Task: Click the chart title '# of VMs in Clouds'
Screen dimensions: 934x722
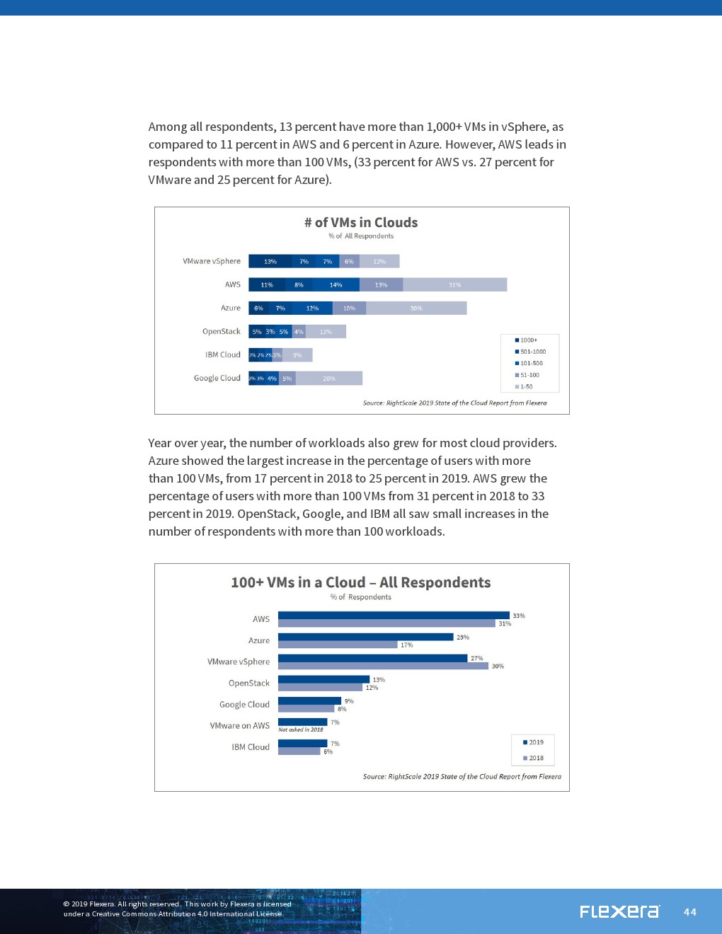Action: tap(361, 222)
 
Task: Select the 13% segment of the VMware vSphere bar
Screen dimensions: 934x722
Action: tap(270, 261)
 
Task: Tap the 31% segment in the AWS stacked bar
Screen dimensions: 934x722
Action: tap(454, 284)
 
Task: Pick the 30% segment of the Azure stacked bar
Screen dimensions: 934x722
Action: tap(416, 308)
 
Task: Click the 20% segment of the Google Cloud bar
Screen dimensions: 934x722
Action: tap(329, 378)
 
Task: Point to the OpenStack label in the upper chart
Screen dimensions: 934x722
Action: tap(221, 331)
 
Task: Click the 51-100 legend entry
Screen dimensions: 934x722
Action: tap(527, 375)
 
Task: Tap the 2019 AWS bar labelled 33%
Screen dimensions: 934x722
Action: tap(394, 615)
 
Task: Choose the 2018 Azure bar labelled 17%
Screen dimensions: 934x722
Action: tap(338, 645)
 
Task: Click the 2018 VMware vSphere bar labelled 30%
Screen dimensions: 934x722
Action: tap(383, 666)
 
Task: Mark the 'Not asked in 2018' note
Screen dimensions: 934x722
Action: tap(301, 730)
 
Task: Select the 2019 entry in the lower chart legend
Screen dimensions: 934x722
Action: tap(534, 742)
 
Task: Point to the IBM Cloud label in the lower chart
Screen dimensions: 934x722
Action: tap(251, 747)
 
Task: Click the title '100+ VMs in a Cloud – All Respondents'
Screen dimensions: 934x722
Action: tap(361, 582)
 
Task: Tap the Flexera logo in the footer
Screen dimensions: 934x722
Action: tap(619, 911)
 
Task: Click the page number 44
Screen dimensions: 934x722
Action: tap(690, 912)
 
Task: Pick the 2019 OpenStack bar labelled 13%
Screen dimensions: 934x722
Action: tap(323, 679)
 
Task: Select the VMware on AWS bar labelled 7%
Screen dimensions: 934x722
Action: tap(302, 722)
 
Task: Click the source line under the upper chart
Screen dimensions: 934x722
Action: tap(454, 403)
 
